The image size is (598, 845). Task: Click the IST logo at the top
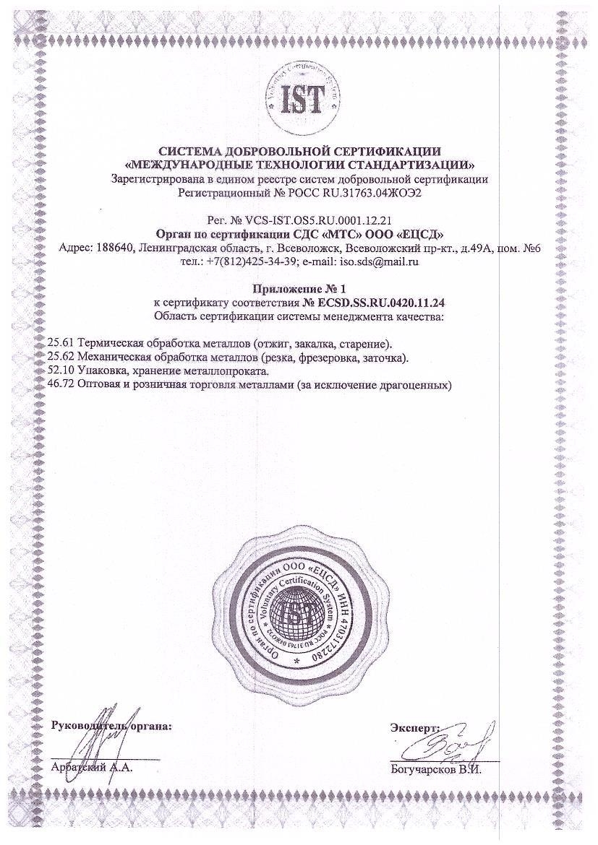click(x=299, y=100)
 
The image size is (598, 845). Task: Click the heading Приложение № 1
click(x=299, y=289)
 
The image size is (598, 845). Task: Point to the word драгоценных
click(x=412, y=386)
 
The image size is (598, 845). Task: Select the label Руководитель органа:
click(x=112, y=725)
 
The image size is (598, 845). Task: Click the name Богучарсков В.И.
click(x=435, y=769)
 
